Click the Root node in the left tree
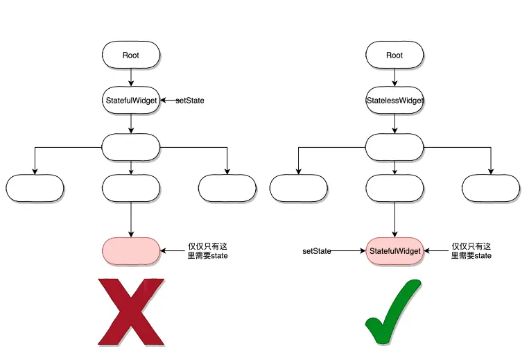pyautogui.click(x=131, y=55)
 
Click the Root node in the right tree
pyautogui.click(x=394, y=55)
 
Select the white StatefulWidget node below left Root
pyautogui.click(x=131, y=101)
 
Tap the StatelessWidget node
pyautogui.click(x=394, y=101)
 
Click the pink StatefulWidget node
pyautogui.click(x=394, y=250)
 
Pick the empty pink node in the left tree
pyautogui.click(x=131, y=250)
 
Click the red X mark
pyautogui.click(x=132, y=311)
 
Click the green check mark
pyautogui.click(x=392, y=312)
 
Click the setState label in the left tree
pyautogui.click(x=190, y=101)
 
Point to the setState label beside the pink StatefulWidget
pyautogui.click(x=317, y=250)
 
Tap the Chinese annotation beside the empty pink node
pyautogui.click(x=208, y=251)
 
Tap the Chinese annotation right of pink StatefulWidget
pyautogui.click(x=471, y=251)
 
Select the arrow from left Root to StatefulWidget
pyautogui.click(x=131, y=78)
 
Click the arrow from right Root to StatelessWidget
pyautogui.click(x=394, y=78)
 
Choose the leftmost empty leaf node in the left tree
pyautogui.click(x=35, y=188)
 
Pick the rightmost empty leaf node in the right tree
pyautogui.click(x=491, y=188)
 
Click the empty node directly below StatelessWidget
pyautogui.click(x=394, y=146)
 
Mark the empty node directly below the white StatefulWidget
pyautogui.click(x=131, y=146)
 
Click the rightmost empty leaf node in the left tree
pyautogui.click(x=227, y=188)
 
